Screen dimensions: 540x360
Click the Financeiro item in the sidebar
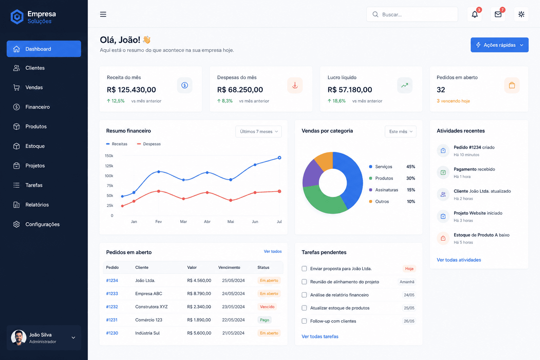click(x=37, y=107)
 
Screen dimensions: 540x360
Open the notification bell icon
click(x=474, y=14)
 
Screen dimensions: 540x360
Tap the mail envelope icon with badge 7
click(x=498, y=14)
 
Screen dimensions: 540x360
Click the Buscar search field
click(x=412, y=14)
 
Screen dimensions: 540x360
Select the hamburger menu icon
click(x=103, y=14)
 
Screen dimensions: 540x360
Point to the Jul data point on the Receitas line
click(x=279, y=158)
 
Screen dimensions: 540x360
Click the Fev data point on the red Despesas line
click(x=159, y=191)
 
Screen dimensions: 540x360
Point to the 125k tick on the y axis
click(x=109, y=166)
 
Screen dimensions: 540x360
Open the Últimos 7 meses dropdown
click(x=258, y=131)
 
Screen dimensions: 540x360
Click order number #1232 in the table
click(x=112, y=307)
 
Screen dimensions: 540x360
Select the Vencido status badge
click(x=267, y=307)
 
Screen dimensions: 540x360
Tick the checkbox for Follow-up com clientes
click(x=304, y=321)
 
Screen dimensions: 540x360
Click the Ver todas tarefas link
click(x=320, y=336)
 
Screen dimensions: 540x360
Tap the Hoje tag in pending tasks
click(x=409, y=269)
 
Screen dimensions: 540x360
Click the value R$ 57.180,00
click(x=349, y=90)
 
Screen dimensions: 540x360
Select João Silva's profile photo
click(x=19, y=337)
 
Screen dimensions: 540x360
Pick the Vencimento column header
click(x=229, y=268)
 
